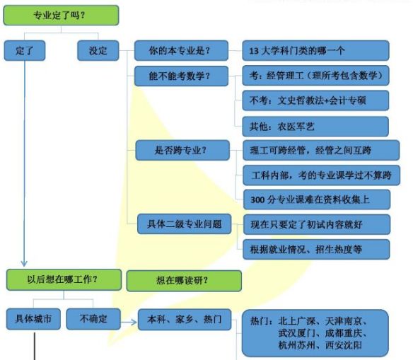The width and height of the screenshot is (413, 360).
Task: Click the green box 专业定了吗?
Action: (x=61, y=16)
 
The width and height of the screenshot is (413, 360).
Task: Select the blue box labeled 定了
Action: (x=25, y=50)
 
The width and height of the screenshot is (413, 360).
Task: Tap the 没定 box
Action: (x=98, y=50)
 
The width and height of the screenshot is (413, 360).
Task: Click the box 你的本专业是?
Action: (x=181, y=50)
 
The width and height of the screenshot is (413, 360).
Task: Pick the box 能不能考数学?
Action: (x=181, y=76)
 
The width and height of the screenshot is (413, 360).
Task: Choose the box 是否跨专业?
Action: (x=182, y=150)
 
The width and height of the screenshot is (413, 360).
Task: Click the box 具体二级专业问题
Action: (x=185, y=223)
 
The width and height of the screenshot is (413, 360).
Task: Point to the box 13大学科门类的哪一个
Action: (x=315, y=50)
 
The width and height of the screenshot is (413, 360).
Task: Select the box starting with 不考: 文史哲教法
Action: (x=315, y=100)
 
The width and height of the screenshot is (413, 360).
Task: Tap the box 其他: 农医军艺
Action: (x=315, y=127)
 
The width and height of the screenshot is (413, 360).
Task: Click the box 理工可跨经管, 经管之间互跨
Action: (x=321, y=150)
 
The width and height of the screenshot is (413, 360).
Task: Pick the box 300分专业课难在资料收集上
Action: (x=317, y=199)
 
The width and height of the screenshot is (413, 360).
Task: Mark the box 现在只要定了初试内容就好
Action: (x=317, y=224)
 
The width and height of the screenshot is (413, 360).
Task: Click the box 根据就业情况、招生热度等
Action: (x=316, y=250)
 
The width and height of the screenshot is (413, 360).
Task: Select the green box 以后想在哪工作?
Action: (x=64, y=279)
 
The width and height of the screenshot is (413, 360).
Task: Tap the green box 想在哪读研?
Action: (x=184, y=281)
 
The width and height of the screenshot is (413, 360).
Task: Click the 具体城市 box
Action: (x=33, y=319)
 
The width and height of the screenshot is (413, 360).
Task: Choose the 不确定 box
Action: (x=93, y=319)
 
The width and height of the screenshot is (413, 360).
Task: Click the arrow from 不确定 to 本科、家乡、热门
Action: (x=129, y=322)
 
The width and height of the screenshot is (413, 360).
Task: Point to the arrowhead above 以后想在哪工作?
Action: (x=24, y=264)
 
